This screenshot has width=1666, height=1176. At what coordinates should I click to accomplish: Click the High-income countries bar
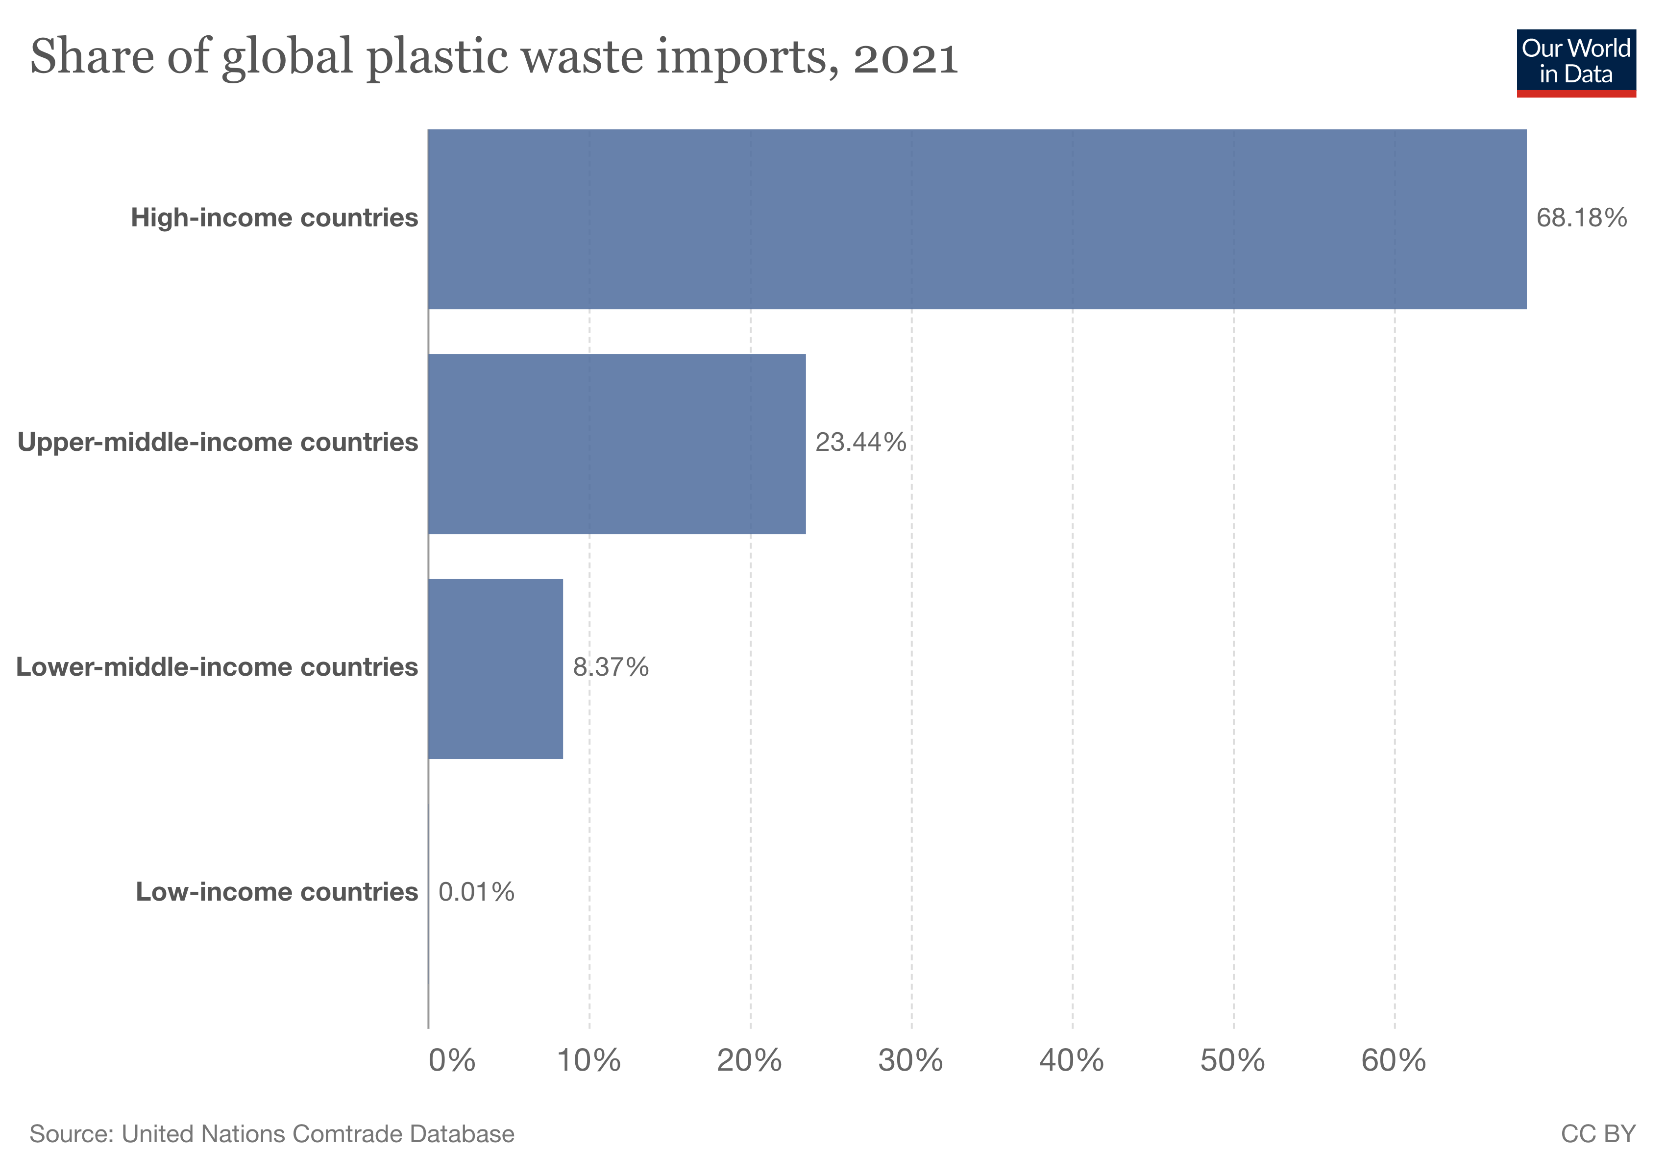(977, 219)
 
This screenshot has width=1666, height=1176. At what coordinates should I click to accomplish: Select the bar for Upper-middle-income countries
(617, 444)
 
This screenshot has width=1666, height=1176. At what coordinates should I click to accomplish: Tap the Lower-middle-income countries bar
(495, 669)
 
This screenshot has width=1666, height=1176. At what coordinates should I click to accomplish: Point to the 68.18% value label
(1581, 218)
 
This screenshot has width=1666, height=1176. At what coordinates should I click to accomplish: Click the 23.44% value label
(860, 442)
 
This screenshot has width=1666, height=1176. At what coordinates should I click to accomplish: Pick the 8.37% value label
(611, 667)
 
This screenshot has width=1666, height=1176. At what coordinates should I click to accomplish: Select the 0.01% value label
(476, 892)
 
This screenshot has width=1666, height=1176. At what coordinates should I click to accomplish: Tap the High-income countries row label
(274, 218)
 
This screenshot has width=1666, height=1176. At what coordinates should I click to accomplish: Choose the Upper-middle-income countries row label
(218, 442)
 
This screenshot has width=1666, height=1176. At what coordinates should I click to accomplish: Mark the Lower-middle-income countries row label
(217, 667)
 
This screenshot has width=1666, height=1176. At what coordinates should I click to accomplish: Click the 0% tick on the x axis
(451, 1061)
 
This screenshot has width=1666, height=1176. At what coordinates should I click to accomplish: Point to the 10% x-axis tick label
(588, 1061)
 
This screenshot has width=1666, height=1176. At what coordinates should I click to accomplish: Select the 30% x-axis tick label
(910, 1061)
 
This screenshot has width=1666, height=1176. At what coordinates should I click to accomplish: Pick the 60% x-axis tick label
(1393, 1061)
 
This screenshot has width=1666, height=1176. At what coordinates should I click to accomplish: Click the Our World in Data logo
(1575, 62)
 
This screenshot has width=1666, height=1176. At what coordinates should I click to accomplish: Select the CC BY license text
(1598, 1134)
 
